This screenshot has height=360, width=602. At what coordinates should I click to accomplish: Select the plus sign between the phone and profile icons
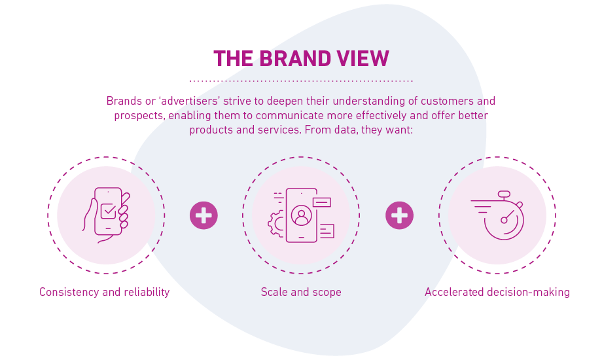point(204,215)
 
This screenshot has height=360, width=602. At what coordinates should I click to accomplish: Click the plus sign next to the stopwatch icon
point(399,215)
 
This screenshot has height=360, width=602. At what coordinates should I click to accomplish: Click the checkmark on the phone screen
point(108,211)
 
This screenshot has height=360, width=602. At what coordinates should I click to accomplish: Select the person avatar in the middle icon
point(301,215)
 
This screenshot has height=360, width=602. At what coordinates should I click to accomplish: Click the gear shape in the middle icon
point(275,223)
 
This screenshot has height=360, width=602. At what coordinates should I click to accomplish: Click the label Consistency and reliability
point(105,292)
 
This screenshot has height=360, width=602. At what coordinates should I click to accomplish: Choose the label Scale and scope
point(301,292)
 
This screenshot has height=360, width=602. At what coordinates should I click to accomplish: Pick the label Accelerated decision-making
point(497,292)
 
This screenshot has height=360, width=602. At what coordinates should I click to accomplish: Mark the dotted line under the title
point(301,81)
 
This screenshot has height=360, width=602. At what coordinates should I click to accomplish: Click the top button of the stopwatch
point(504,194)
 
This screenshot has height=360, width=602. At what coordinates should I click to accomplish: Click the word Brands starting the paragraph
point(122,101)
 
